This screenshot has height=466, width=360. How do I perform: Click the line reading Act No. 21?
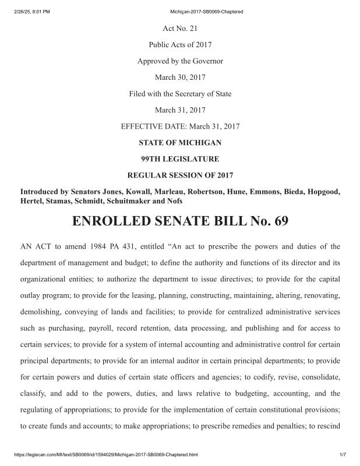[x=180, y=28]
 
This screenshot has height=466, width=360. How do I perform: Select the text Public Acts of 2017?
[x=180, y=44]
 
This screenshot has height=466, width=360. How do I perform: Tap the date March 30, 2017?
[x=180, y=77]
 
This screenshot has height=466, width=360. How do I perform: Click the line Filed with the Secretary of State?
[x=180, y=93]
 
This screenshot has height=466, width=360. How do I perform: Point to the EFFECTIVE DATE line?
[x=180, y=126]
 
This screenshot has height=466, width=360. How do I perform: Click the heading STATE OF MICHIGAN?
[x=180, y=142]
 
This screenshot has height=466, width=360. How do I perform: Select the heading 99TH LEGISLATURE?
[x=180, y=158]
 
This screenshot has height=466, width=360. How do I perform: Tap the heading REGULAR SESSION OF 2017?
[x=180, y=175]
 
